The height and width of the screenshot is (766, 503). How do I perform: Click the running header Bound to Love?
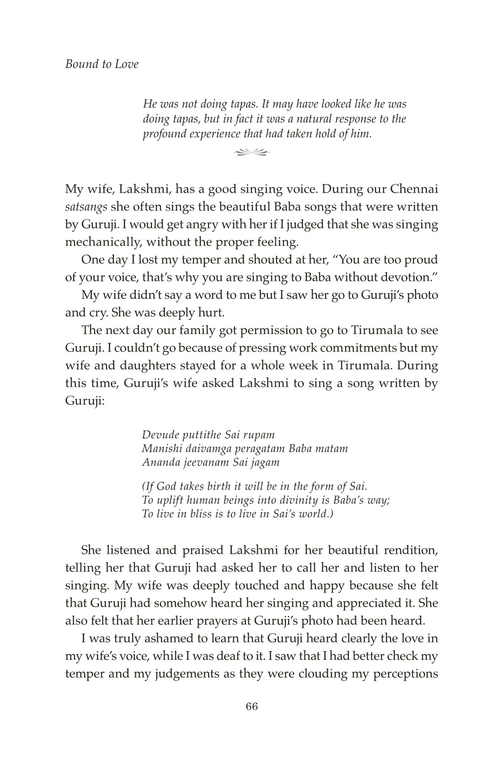pyautogui.click(x=102, y=64)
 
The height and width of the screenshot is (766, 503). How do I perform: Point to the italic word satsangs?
pyautogui.click(x=86, y=207)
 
